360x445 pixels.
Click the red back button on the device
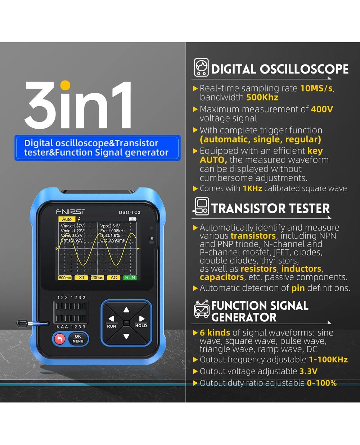[60, 339]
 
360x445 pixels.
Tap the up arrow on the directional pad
[126, 310]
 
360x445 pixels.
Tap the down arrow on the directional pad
[126, 336]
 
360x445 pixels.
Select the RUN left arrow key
[112, 321]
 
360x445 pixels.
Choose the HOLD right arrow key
[141, 321]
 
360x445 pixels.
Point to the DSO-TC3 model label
[130, 213]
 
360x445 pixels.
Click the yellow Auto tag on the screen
[67, 219]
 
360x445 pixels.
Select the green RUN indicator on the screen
[130, 278]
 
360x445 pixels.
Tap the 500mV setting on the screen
[65, 278]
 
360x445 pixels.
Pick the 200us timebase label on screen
[97, 278]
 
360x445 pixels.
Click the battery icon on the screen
[133, 219]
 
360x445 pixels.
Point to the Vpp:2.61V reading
[110, 226]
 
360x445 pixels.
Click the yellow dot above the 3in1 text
[65, 85]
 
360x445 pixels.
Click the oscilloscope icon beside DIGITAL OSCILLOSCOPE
[201, 67]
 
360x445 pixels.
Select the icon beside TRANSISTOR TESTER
[201, 206]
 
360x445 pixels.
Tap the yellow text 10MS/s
[316, 88]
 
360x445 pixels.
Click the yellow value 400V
[322, 109]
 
